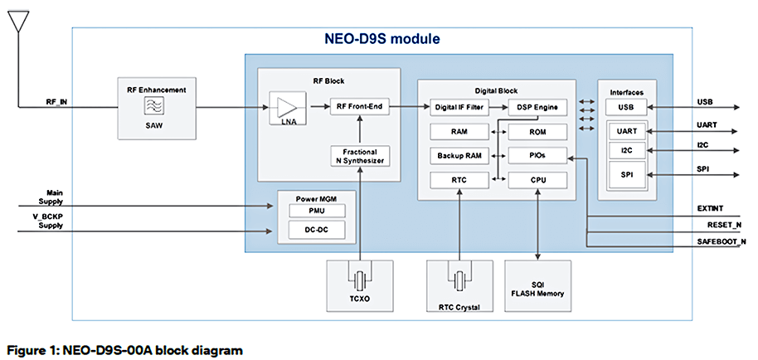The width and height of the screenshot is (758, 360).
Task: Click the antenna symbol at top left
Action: [x=16, y=20]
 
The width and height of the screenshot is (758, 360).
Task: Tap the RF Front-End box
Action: [x=359, y=106]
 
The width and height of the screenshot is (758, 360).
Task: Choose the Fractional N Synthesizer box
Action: [x=359, y=155]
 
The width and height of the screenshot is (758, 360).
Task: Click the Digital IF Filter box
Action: [x=458, y=107]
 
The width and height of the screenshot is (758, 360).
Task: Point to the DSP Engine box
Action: [x=537, y=107]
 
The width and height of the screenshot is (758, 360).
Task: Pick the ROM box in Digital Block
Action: [x=537, y=131]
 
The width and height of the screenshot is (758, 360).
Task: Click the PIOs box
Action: [x=537, y=155]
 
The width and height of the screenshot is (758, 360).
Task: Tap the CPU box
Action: [x=537, y=179]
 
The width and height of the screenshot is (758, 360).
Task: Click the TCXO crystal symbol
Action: [x=359, y=280]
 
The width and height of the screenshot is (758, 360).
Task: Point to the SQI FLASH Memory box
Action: [x=537, y=287]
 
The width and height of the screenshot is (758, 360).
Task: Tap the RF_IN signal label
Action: [x=58, y=102]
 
